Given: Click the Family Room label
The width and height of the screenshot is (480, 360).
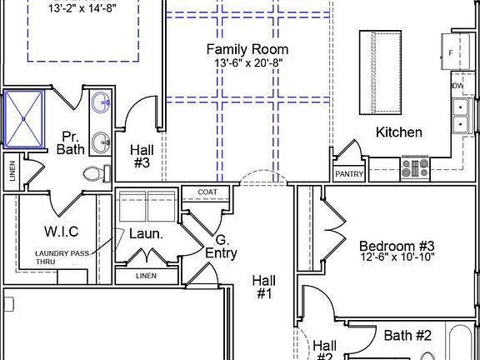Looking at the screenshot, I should (x=247, y=49).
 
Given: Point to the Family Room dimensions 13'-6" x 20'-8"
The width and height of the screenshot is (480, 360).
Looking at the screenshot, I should (x=247, y=62).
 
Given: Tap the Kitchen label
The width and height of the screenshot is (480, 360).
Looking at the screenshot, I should (x=398, y=132).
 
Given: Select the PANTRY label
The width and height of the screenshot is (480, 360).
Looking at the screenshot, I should (x=348, y=174).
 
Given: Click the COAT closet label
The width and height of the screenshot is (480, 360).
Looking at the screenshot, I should (x=207, y=192).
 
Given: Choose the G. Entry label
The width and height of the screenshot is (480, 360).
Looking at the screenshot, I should (x=221, y=247).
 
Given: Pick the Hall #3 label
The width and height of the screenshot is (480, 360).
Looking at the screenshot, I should (x=140, y=157).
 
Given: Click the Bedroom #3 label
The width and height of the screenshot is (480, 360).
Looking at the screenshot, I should (x=397, y=246).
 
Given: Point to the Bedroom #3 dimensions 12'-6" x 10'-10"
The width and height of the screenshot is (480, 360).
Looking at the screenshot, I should (x=397, y=259).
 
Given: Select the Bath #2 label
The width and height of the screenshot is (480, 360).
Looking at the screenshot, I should (x=407, y=336).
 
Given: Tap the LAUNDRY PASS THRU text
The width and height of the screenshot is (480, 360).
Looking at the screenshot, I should (x=62, y=257).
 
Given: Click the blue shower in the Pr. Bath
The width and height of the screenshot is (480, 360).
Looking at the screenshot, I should (x=27, y=117).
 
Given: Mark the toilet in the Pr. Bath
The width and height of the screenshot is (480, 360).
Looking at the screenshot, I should (x=96, y=175).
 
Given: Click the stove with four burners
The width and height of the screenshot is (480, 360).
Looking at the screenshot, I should (x=414, y=169).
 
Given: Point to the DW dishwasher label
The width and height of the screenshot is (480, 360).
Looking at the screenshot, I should (x=457, y=86).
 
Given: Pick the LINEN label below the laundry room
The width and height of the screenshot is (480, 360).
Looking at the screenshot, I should (x=145, y=276).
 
